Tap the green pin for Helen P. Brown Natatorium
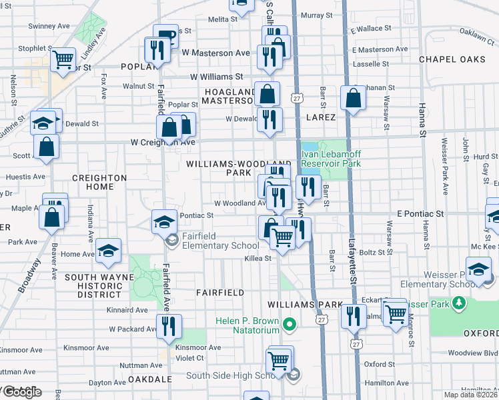click(x=289, y=325)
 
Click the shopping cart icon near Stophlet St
click(x=63, y=59)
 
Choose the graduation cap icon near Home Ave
click(x=107, y=251)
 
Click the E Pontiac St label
click(x=420, y=214)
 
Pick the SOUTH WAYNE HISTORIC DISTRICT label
click(x=95, y=285)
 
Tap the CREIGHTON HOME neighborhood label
click(x=99, y=183)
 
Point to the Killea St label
click(x=257, y=258)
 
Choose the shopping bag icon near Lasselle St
click(x=353, y=97)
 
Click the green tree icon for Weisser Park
click(x=458, y=304)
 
